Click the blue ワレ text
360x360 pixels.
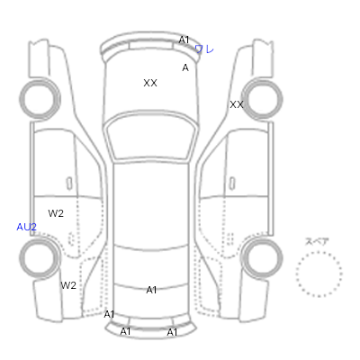pyautogui.click(x=204, y=49)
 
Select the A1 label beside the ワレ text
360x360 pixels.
pyautogui.click(x=184, y=40)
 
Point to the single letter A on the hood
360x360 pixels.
pyautogui.click(x=185, y=67)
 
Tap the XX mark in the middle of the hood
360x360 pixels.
pyautogui.click(x=150, y=83)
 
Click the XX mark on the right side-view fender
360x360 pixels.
pyautogui.click(x=237, y=104)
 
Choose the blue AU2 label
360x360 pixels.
pyautogui.click(x=26, y=227)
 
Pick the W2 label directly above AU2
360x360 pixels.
pyautogui.click(x=56, y=213)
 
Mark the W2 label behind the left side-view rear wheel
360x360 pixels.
pyautogui.click(x=68, y=285)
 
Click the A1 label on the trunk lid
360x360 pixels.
pyautogui.click(x=151, y=290)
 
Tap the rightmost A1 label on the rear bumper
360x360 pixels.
pyautogui.click(x=172, y=332)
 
